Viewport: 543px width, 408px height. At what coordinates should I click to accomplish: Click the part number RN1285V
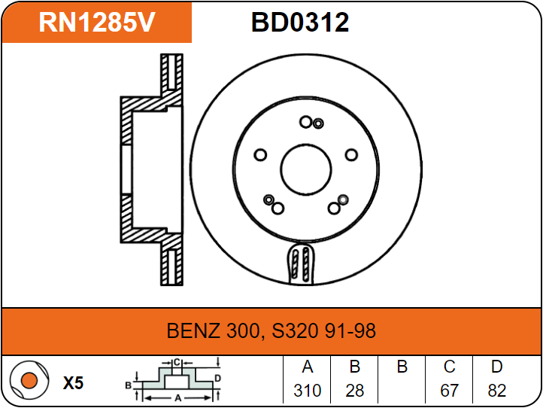(x=97, y=23)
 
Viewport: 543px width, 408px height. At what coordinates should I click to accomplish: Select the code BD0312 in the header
(x=300, y=23)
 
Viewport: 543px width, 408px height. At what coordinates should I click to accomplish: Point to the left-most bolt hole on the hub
(x=261, y=155)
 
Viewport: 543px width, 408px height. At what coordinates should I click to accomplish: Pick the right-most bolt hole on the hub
(x=350, y=155)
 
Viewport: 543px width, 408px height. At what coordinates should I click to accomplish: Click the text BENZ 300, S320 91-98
(x=271, y=330)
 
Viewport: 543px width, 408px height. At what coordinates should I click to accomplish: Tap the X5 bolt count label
(x=73, y=382)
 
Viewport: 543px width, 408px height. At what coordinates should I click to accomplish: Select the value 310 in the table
(x=307, y=391)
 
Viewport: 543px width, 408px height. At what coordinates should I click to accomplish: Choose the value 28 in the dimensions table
(x=354, y=391)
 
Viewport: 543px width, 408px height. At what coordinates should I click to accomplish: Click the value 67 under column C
(x=449, y=391)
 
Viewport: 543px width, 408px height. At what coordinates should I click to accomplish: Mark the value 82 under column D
(x=496, y=391)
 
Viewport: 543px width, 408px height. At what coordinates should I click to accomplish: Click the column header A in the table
(x=307, y=367)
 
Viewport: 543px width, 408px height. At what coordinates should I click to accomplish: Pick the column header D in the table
(x=496, y=367)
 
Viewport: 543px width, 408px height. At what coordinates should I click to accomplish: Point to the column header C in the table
(x=449, y=367)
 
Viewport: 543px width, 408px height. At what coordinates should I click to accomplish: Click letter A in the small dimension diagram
(x=177, y=397)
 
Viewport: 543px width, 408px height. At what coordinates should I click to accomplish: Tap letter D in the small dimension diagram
(x=217, y=378)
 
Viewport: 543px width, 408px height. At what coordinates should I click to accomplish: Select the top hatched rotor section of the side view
(x=172, y=75)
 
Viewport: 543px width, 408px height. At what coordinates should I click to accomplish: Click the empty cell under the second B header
(x=402, y=391)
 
